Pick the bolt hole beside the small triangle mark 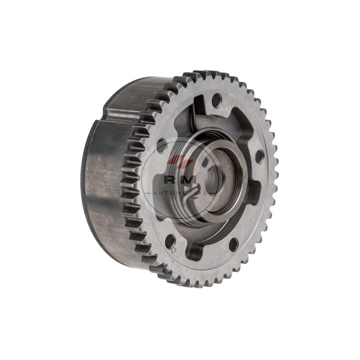tap(170, 240)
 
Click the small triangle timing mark tap(174, 250)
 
